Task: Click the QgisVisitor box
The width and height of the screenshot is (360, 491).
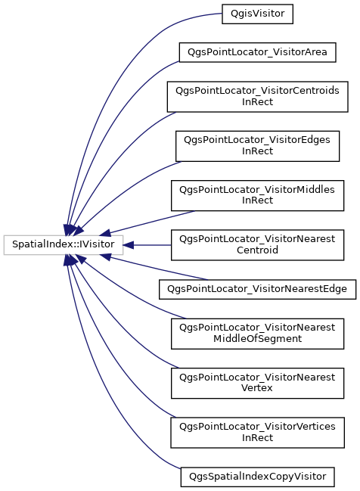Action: (257, 14)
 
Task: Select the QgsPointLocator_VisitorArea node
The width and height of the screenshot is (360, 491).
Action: (257, 52)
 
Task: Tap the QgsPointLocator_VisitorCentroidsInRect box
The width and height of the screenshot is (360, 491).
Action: (257, 97)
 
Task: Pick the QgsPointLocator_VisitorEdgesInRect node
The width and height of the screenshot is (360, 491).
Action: (257, 146)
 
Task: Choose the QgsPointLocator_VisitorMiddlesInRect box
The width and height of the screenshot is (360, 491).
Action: (257, 195)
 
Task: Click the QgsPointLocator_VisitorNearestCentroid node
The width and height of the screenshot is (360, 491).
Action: (257, 245)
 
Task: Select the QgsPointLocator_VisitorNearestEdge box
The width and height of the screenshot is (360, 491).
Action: (257, 289)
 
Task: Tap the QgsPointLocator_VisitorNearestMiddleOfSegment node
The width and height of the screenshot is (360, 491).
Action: (257, 334)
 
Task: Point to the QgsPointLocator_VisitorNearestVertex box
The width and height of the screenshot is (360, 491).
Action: (257, 384)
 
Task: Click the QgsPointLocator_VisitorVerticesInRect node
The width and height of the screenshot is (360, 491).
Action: (257, 433)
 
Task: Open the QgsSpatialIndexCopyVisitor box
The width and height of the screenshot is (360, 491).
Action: (257, 477)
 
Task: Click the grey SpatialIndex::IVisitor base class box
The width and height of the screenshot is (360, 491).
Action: (64, 245)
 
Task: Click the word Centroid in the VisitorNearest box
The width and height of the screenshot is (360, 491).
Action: (257, 250)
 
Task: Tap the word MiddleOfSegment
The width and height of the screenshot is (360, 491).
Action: (257, 339)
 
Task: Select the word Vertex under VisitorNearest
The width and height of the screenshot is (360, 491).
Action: (256, 388)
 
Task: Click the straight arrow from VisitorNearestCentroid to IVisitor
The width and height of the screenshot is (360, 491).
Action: (147, 245)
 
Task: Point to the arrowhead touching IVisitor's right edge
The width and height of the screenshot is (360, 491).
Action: (129, 245)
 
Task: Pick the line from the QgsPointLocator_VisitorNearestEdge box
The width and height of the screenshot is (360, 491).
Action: (154, 268)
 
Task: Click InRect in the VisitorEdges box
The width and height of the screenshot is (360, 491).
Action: (257, 151)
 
